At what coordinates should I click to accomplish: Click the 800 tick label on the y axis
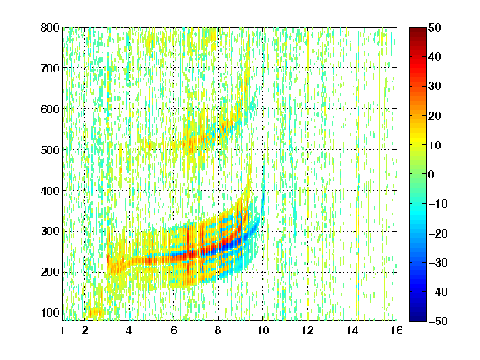click(50, 27)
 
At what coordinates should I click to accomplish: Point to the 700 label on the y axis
click(50, 68)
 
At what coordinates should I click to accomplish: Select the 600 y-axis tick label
click(50, 109)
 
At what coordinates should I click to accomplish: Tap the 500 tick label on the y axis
click(50, 150)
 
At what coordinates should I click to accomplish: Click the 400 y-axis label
click(50, 190)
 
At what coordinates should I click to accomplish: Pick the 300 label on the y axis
click(50, 231)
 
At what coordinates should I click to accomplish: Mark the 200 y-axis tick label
click(50, 272)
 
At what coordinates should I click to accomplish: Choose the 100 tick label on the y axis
click(50, 312)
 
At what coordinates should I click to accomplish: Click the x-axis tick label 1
click(62, 330)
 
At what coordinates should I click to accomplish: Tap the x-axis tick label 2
click(85, 330)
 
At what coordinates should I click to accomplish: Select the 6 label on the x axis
click(173, 330)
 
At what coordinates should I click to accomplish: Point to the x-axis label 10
click(262, 330)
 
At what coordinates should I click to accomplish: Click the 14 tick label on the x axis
click(352, 330)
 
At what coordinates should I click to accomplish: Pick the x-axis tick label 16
click(397, 330)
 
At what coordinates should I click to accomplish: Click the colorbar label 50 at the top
click(434, 27)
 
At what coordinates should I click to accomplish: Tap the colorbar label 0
click(432, 174)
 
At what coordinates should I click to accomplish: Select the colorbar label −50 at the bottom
click(437, 321)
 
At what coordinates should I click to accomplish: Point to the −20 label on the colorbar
click(437, 233)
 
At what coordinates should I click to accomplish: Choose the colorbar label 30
click(434, 86)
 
